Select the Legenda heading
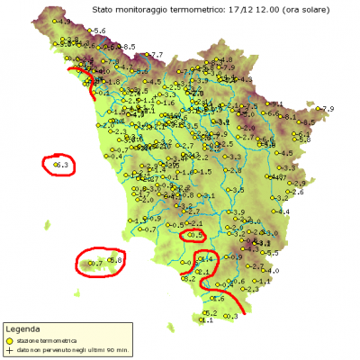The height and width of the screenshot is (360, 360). point(21,330)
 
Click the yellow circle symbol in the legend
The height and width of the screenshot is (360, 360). point(8,341)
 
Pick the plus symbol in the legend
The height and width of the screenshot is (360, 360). point(8,349)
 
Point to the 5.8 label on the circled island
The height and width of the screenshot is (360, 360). point(115,260)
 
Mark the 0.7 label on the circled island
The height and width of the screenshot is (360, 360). point(96,265)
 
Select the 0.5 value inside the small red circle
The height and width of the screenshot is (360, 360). point(193,235)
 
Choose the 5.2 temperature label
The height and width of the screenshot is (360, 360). point(210,312)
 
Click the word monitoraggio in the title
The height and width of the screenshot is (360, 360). point(142,8)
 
